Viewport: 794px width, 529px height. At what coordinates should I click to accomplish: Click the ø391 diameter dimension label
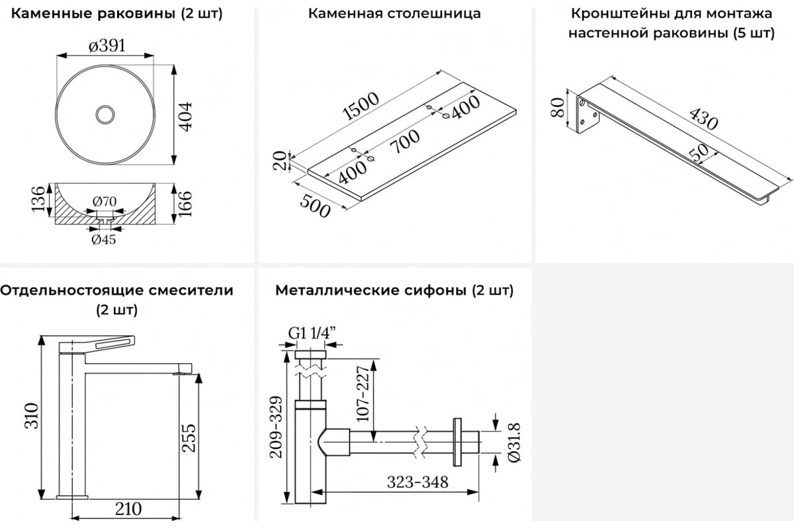click(107, 46)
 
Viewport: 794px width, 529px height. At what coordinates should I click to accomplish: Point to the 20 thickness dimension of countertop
click(281, 161)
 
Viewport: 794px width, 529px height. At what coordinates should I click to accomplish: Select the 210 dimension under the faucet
click(128, 509)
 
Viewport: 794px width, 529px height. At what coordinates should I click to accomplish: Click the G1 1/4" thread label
click(310, 334)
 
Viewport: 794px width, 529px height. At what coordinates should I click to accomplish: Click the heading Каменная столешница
click(394, 13)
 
